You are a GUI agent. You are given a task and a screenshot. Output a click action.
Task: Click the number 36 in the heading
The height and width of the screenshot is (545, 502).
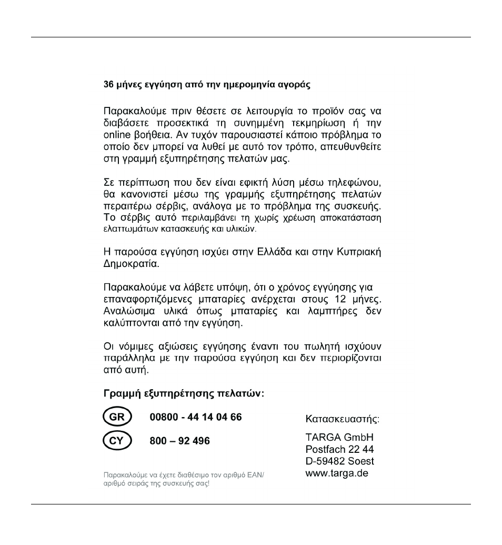108,85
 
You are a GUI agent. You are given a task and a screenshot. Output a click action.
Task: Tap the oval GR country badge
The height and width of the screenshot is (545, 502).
116,418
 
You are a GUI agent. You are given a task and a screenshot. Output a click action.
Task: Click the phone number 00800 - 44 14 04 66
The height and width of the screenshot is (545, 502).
196,418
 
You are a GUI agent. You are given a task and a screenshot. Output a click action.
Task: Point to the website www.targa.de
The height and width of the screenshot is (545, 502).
337,473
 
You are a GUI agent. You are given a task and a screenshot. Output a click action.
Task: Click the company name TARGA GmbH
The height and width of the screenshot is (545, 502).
339,438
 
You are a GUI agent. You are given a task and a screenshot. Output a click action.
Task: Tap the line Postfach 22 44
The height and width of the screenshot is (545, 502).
340,450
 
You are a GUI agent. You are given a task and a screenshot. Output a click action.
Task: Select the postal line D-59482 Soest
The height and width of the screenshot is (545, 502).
340,461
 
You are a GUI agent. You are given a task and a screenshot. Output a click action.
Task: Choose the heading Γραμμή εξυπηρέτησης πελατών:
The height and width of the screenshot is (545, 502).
183,394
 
